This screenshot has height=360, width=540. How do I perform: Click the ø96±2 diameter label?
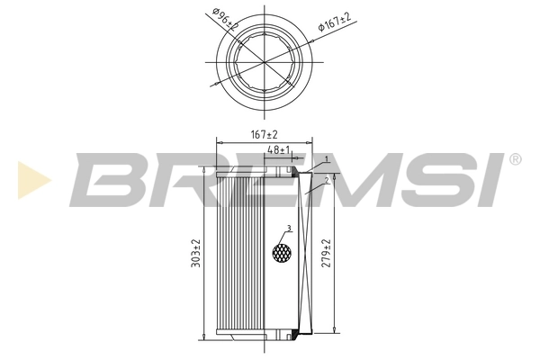click(224, 19)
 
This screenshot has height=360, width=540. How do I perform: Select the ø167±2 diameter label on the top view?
click(335, 23)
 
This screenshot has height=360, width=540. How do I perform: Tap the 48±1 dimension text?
click(278, 149)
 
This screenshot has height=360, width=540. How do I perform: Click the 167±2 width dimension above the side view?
click(263, 134)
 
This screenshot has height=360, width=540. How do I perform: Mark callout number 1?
click(327, 160)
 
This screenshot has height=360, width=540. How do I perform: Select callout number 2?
click(327, 180)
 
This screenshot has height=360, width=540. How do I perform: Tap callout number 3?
click(288, 228)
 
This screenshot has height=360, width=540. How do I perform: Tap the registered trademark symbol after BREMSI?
click(515, 160)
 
